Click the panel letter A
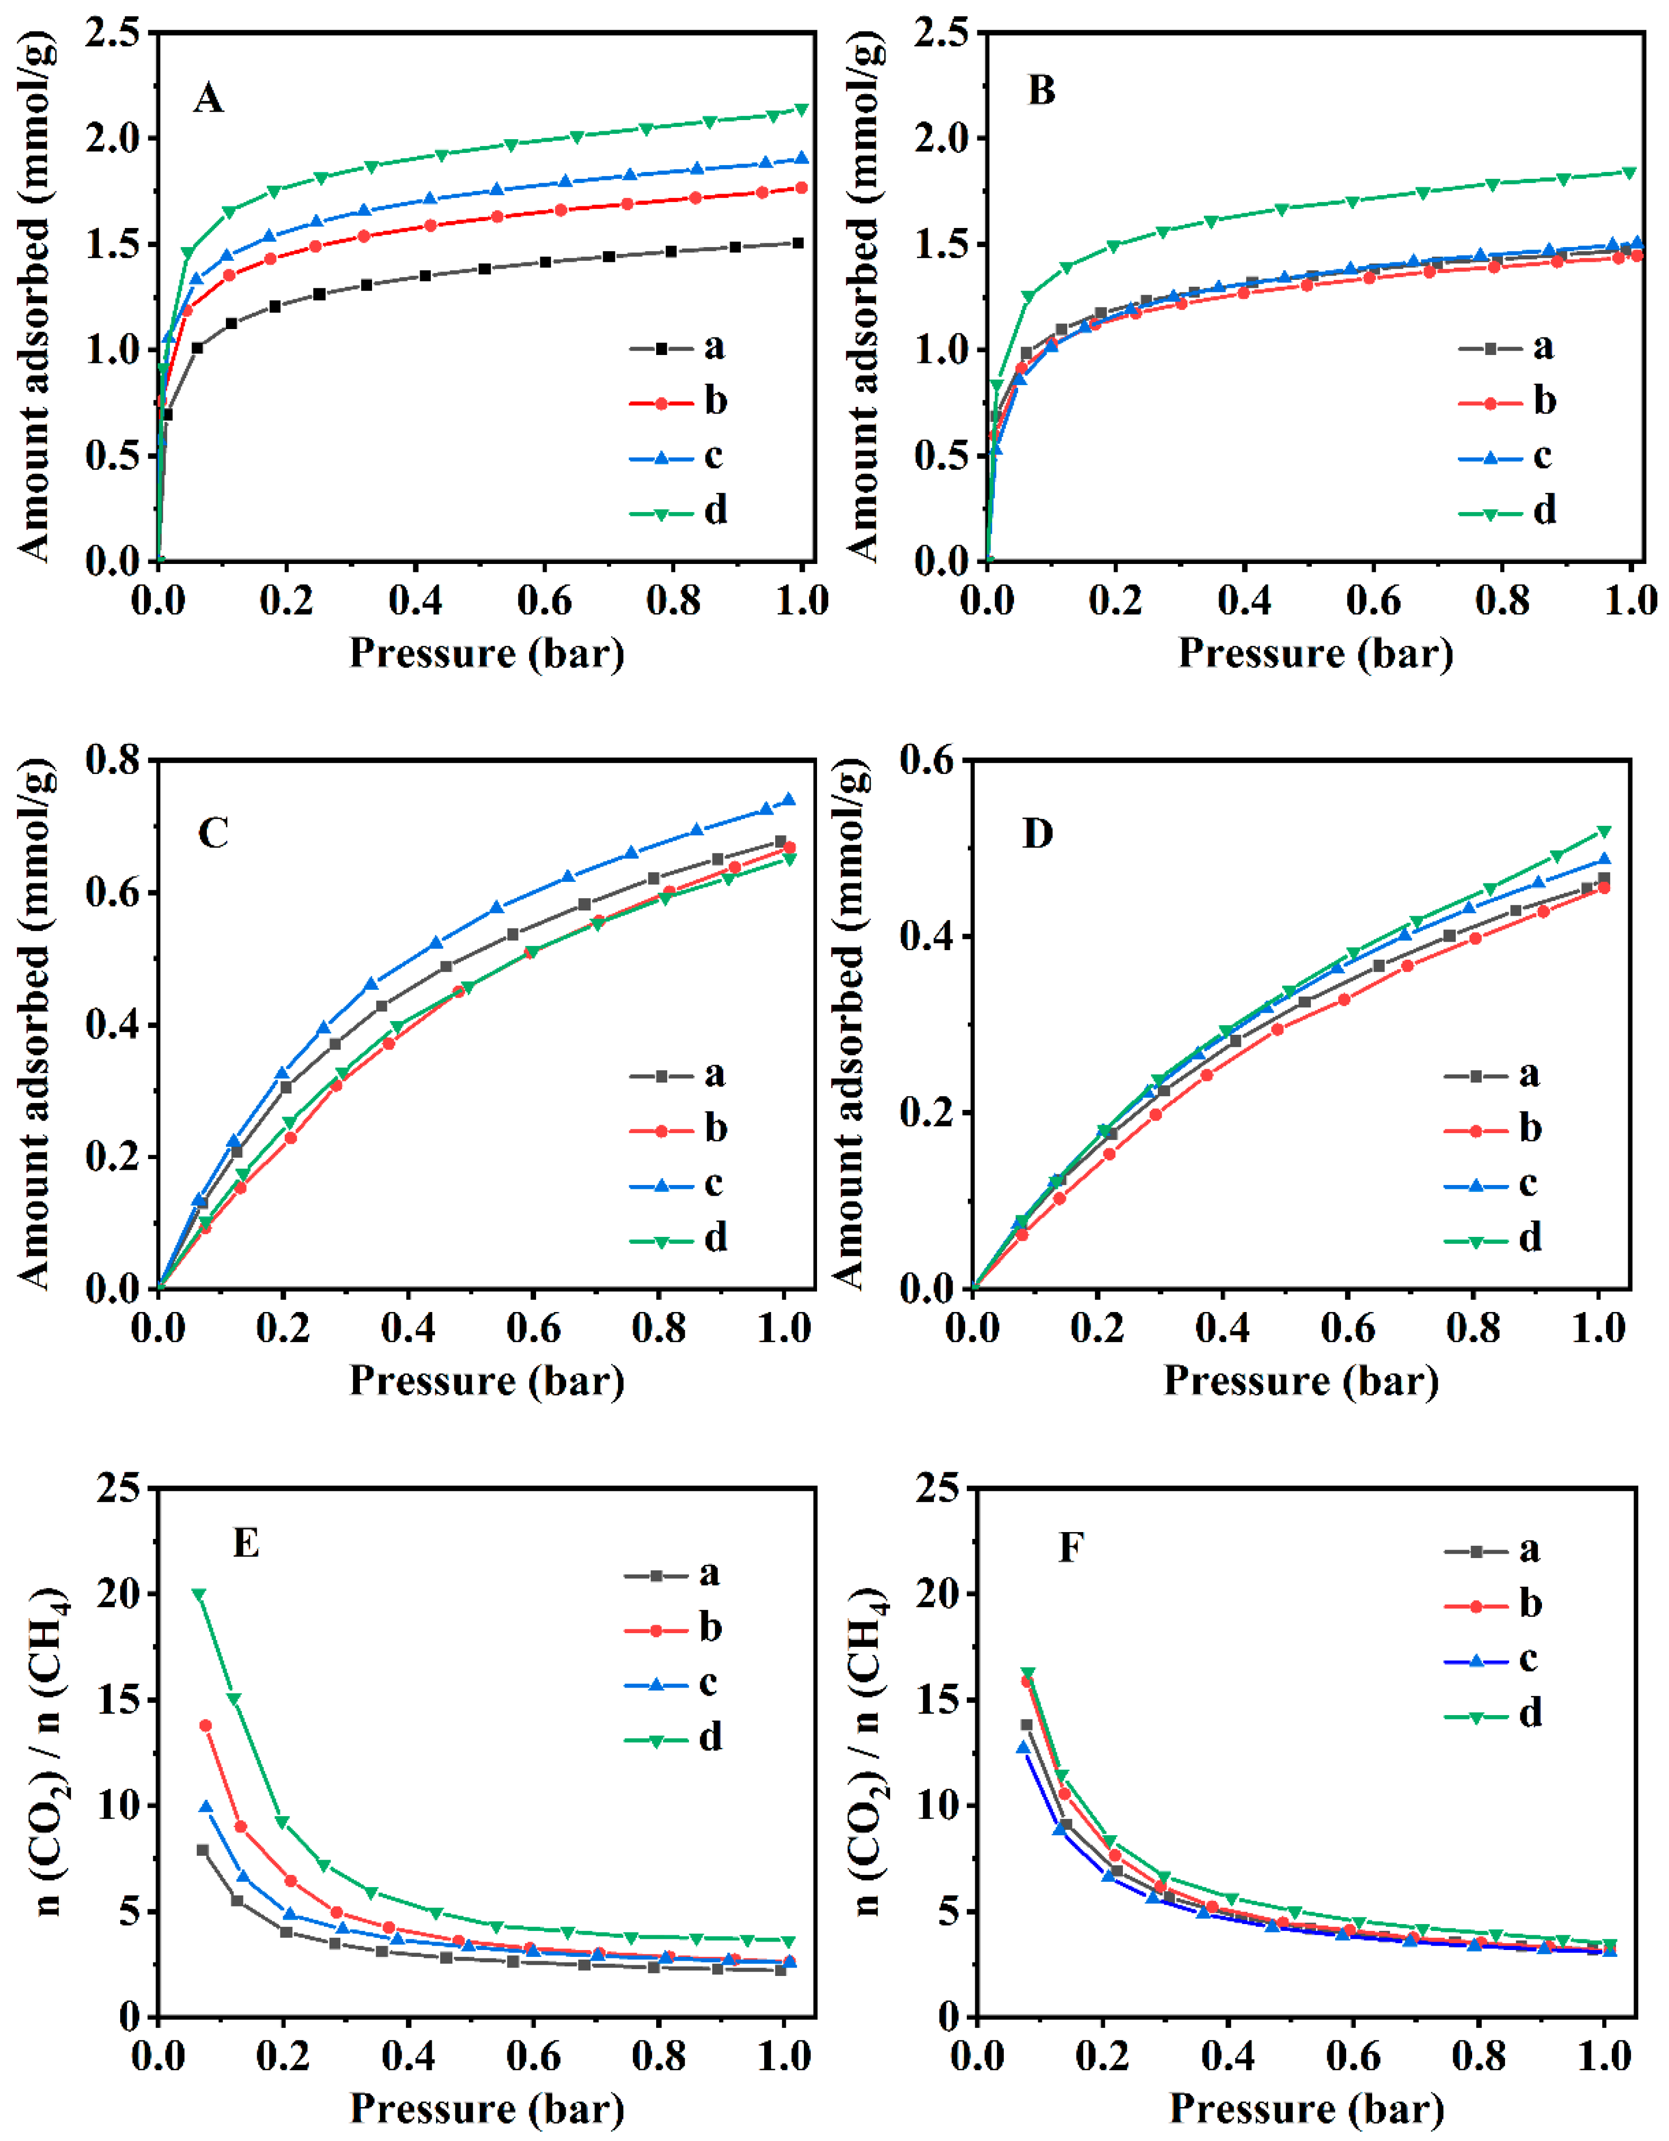point(208,99)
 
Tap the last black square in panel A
point(798,243)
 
